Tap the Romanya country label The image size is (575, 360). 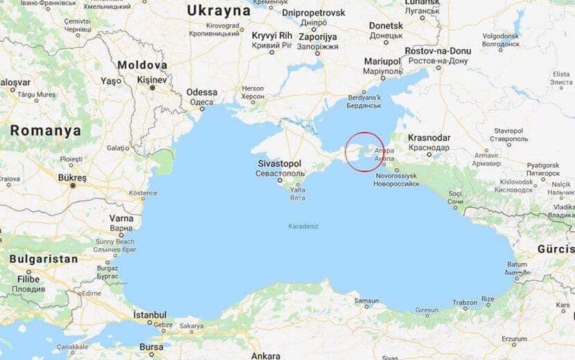coord(45,130)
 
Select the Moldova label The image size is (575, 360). coord(143,64)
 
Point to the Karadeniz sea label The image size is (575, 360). coord(302,226)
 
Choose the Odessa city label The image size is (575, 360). coord(202,92)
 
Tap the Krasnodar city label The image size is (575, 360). coord(429,137)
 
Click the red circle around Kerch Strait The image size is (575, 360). coord(364,150)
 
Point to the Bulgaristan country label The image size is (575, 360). coord(43,259)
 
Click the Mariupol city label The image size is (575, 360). coord(383,62)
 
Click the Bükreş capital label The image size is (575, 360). coord(72,178)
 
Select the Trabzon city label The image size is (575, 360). coord(465,303)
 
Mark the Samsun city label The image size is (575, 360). coord(366,300)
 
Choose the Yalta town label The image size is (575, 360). coord(297,189)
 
